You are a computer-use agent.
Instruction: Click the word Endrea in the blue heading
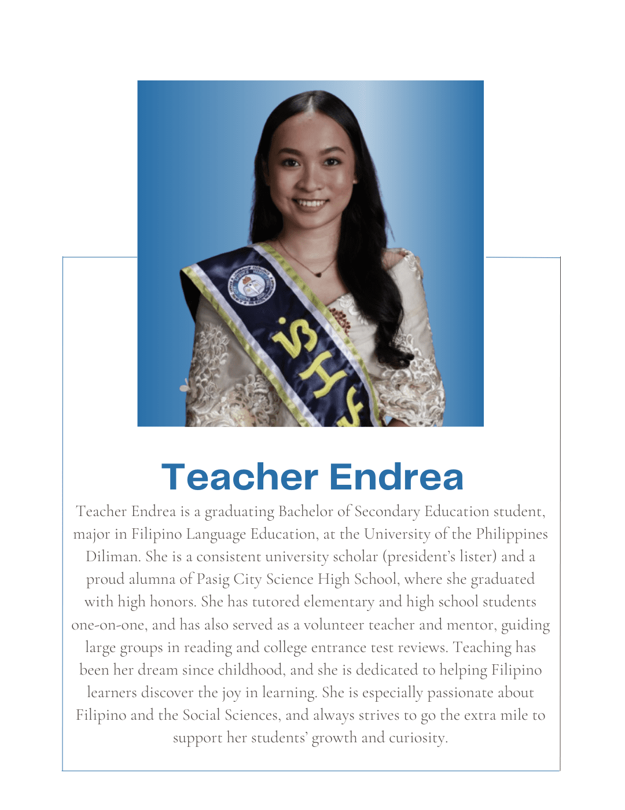pos(396,477)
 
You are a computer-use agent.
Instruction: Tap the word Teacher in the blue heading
pos(240,477)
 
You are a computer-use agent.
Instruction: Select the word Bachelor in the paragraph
pos(305,511)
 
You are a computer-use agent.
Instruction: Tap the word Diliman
pos(113,557)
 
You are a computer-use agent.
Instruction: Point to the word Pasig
pos(213,579)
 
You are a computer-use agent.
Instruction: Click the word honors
pos(172,602)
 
